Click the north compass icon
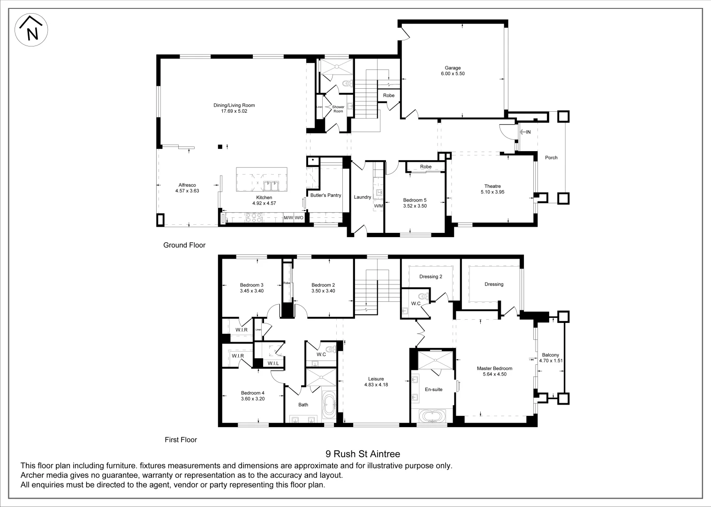click(x=31, y=30)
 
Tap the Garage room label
click(x=453, y=68)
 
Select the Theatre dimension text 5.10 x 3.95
click(x=492, y=192)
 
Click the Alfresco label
click(x=187, y=185)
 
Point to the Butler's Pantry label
click(x=325, y=195)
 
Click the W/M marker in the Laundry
click(x=378, y=206)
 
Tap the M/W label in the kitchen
click(x=288, y=218)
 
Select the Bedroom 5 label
click(x=415, y=200)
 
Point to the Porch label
click(x=551, y=158)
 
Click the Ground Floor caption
click(x=184, y=245)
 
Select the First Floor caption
click(x=181, y=440)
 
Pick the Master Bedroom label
click(x=494, y=369)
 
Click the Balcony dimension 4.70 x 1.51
click(x=551, y=361)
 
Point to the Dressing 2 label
click(x=431, y=277)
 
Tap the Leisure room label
click(x=376, y=379)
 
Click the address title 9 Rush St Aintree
click(x=363, y=454)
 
